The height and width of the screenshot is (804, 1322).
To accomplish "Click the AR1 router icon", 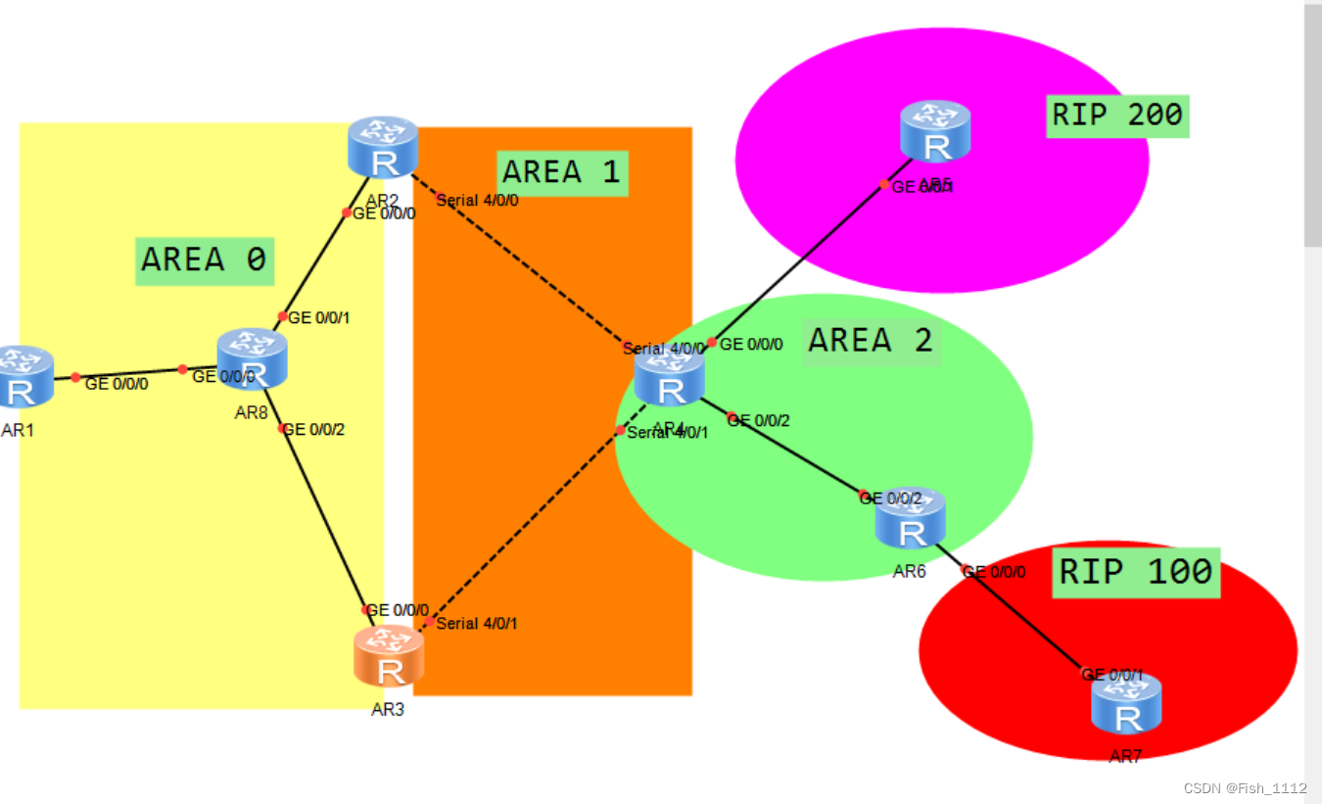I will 22,377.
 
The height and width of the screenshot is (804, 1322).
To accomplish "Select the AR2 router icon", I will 383,148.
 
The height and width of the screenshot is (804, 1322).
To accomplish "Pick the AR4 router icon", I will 670,377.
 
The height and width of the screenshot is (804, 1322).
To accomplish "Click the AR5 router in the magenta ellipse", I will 935,131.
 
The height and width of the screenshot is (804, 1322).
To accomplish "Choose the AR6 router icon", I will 911,518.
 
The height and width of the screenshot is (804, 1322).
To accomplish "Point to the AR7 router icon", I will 1127,704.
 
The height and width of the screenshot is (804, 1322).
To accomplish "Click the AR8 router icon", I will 252,359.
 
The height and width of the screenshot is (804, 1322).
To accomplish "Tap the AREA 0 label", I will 204,260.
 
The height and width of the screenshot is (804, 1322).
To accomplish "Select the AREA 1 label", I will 562,173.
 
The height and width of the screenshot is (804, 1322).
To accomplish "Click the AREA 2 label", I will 871,341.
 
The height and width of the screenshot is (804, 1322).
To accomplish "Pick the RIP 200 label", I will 1117,116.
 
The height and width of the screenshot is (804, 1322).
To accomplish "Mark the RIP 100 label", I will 1136,572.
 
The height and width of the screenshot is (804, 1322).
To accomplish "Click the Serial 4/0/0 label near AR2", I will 477,201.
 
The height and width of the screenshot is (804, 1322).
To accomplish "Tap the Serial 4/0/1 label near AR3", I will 477,624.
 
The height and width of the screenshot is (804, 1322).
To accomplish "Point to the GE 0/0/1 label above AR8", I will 319,317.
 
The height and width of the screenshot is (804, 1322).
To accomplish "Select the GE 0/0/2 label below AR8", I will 313,429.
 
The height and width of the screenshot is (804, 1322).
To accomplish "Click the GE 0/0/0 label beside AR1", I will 117,384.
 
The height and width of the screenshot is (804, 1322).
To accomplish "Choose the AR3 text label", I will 388,710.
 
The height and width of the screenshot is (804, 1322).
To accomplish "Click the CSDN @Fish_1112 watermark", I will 1245,788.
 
